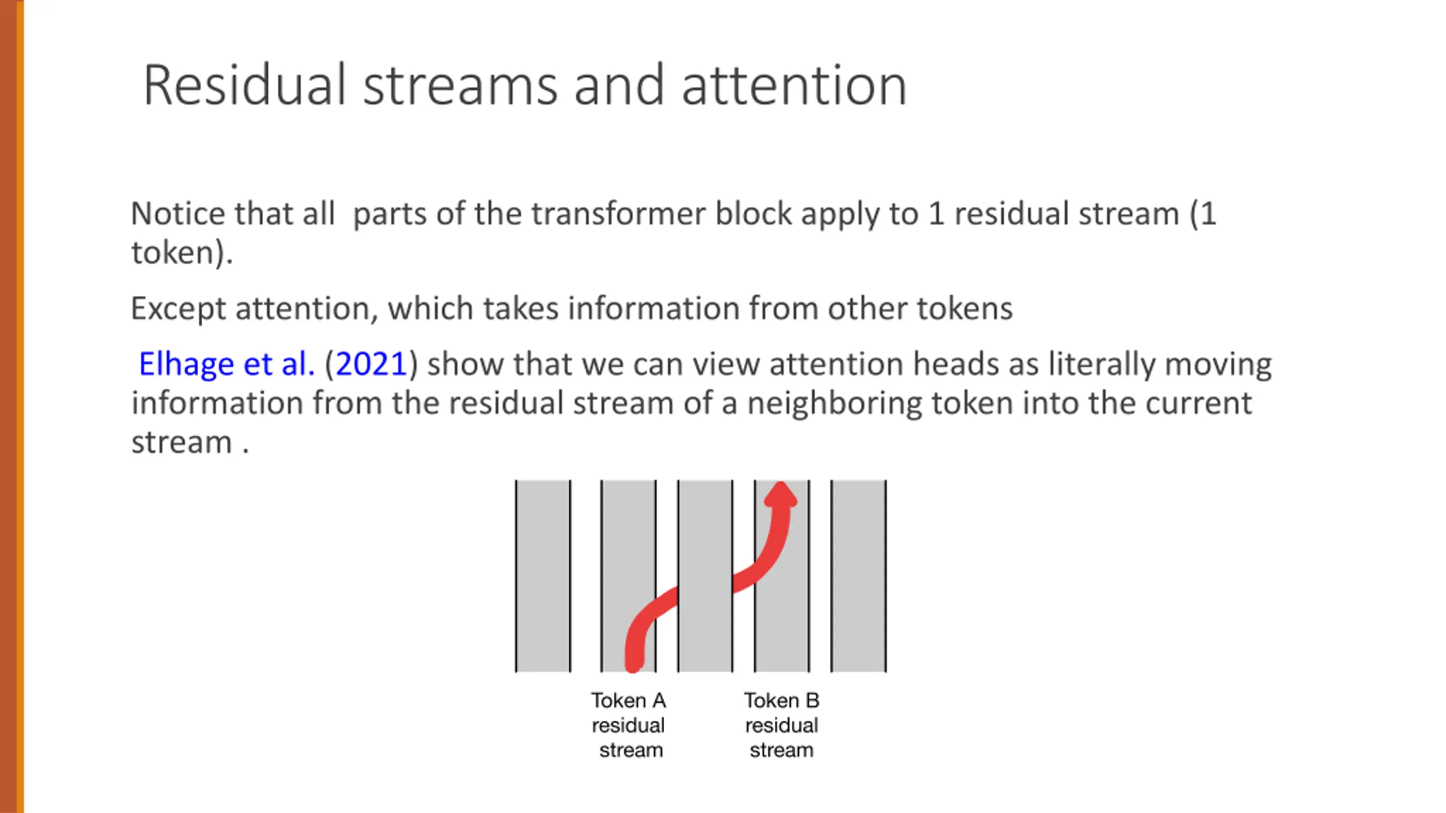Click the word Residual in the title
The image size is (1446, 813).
[x=243, y=86]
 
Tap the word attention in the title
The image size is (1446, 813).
[x=794, y=86]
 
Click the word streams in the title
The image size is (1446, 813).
[x=460, y=86]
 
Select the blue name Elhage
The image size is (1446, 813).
[x=186, y=364]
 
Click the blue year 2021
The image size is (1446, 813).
[x=371, y=364]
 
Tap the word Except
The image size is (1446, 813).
[x=178, y=309]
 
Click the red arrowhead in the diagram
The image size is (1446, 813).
[x=781, y=496]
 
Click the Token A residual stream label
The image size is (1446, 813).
[x=629, y=725]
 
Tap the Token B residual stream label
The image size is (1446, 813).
[x=782, y=725]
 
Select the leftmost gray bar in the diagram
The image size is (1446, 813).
[x=543, y=576]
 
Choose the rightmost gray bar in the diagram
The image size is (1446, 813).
[x=859, y=576]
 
